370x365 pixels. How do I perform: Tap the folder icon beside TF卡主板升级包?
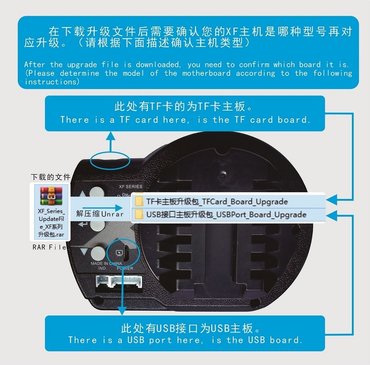point(138,202)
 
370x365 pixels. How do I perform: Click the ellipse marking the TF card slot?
point(111,160)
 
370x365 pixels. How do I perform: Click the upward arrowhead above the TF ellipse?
point(111,135)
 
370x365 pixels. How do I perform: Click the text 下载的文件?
point(50,177)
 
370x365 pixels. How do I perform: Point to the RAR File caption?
point(49,247)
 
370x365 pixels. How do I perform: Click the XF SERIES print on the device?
point(131,187)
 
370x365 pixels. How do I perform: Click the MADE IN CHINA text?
point(106,264)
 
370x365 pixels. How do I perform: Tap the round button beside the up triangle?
point(97,193)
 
